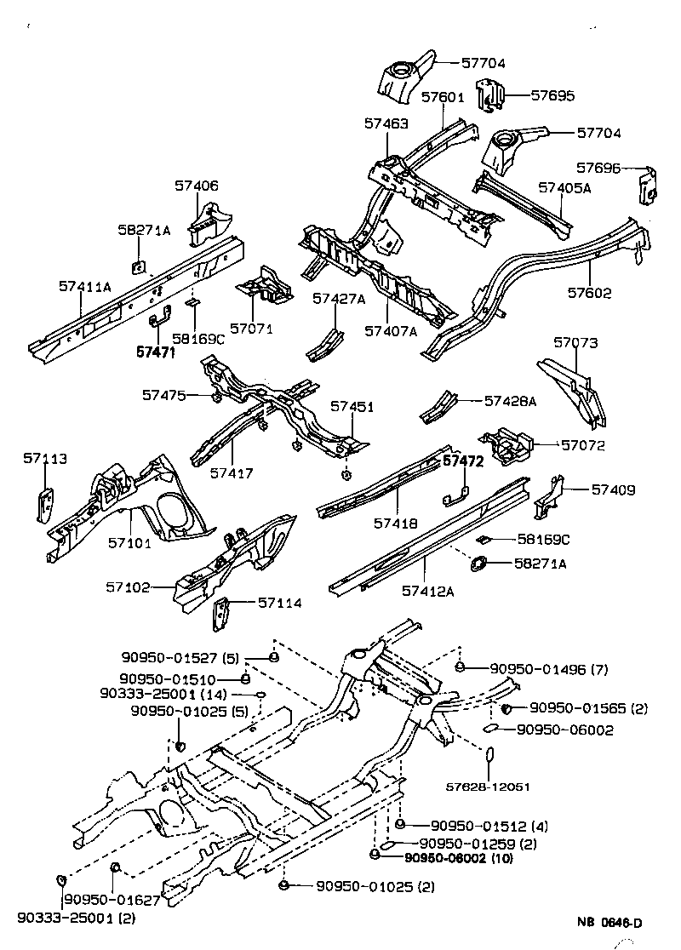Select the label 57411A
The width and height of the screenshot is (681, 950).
point(85,287)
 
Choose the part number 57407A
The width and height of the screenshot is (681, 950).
point(390,331)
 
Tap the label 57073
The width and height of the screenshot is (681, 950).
point(575,343)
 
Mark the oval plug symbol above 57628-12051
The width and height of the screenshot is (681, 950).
point(489,756)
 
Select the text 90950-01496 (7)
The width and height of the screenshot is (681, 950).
point(541,669)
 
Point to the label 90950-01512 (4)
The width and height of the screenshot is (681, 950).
point(482,826)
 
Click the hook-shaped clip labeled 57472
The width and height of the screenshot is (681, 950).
point(456,497)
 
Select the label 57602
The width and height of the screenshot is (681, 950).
point(590,294)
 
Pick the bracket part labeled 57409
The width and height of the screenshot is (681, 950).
point(547,501)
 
